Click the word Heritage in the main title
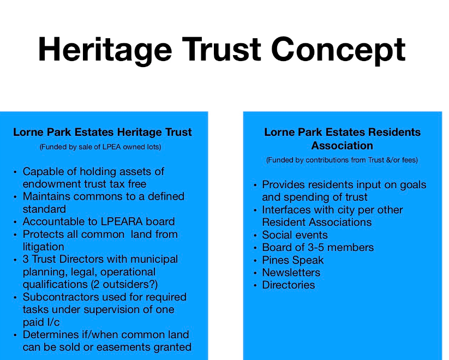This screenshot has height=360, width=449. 105,50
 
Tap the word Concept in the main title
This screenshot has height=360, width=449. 338,50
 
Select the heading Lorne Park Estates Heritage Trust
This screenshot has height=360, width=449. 103,133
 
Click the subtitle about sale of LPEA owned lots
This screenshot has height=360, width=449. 100,147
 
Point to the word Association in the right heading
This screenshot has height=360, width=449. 342,146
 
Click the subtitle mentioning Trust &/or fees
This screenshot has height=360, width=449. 342,160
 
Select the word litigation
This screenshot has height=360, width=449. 44,247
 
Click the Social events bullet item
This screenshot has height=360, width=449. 295,235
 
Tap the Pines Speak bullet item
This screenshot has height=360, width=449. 293,260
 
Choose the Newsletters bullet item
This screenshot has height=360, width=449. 291,272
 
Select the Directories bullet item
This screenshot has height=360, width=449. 289,285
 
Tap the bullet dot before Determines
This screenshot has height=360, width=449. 15,335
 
